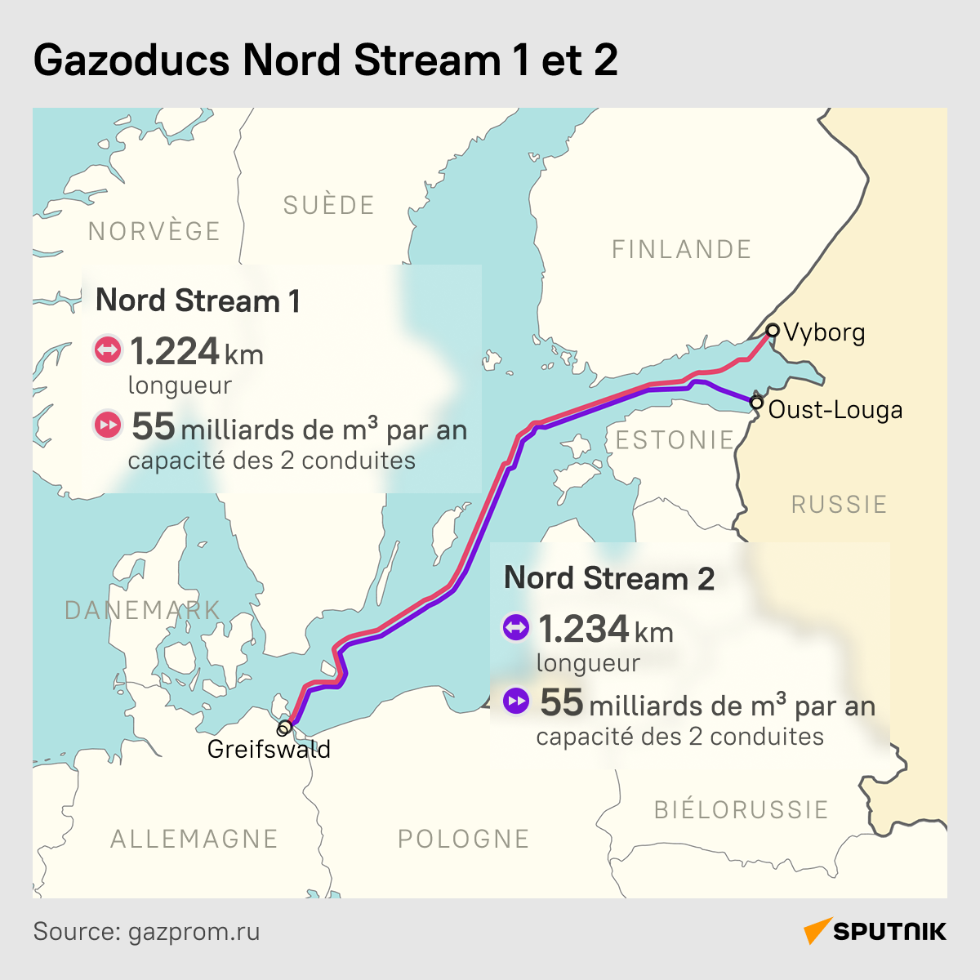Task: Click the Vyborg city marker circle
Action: pyautogui.click(x=772, y=331)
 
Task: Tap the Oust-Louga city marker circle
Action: pyautogui.click(x=756, y=403)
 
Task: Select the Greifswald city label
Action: pyautogui.click(x=269, y=749)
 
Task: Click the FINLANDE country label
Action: pyautogui.click(x=681, y=249)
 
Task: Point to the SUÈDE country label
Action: pyautogui.click(x=328, y=205)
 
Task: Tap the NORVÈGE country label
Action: pyautogui.click(x=154, y=231)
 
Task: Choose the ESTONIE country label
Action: pyautogui.click(x=675, y=440)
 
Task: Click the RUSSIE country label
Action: pyautogui.click(x=839, y=504)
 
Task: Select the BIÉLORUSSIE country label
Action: pyautogui.click(x=741, y=809)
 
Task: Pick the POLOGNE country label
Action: pyautogui.click(x=463, y=839)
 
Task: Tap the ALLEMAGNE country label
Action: pyautogui.click(x=194, y=839)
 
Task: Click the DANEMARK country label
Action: pyautogui.click(x=142, y=609)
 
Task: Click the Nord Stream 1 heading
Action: pyautogui.click(x=198, y=301)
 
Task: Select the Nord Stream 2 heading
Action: pyautogui.click(x=608, y=578)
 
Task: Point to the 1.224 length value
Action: pyautogui.click(x=175, y=352)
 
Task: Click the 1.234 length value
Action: pyautogui.click(x=583, y=630)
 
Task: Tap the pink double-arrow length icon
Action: pyautogui.click(x=108, y=350)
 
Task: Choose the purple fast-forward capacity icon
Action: pyautogui.click(x=516, y=701)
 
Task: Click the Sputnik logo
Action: pyautogui.click(x=875, y=932)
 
